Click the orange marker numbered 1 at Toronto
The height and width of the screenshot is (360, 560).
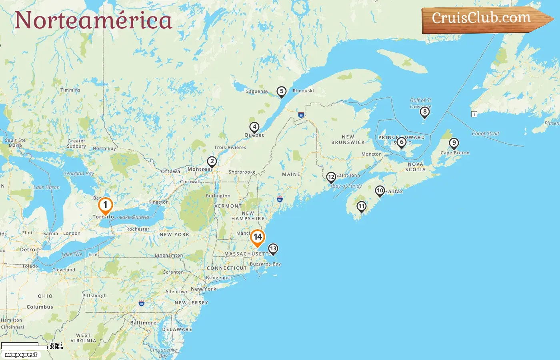click(x=105, y=206)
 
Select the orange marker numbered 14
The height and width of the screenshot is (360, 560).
click(x=258, y=237)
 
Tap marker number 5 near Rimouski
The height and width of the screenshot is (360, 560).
click(x=282, y=92)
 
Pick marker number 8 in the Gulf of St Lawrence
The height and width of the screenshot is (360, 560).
click(x=425, y=112)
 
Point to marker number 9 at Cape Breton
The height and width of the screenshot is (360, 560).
click(x=454, y=143)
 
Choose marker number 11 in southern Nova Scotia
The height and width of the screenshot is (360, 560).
click(x=361, y=206)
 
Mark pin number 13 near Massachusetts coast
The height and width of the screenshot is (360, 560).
click(x=273, y=249)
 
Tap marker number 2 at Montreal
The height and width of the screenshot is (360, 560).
click(x=212, y=162)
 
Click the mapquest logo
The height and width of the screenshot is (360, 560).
click(x=21, y=354)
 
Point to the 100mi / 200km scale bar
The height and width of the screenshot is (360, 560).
click(x=32, y=346)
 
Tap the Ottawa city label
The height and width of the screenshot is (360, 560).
click(x=170, y=172)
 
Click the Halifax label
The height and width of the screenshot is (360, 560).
click(x=394, y=192)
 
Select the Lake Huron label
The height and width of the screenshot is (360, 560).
click(x=46, y=187)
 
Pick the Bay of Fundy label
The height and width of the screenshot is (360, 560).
click(x=347, y=186)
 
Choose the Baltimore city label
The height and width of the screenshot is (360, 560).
click(x=143, y=323)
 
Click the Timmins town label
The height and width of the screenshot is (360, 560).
click(x=70, y=90)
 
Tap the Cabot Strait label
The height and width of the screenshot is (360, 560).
click(x=485, y=134)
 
